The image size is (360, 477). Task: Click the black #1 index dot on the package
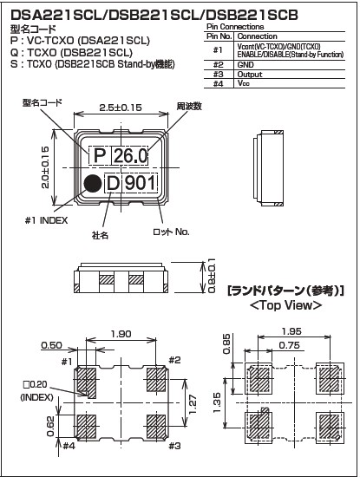click(x=93, y=184)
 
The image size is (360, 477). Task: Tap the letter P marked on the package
click(x=100, y=156)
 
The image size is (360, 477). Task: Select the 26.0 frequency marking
click(x=130, y=156)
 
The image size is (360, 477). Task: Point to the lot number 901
click(x=140, y=183)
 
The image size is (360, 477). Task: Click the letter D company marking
click(x=113, y=183)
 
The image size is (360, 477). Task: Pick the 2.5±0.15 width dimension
click(x=121, y=108)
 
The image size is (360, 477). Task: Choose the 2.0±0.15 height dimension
click(x=45, y=167)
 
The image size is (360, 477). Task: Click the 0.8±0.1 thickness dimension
click(x=211, y=276)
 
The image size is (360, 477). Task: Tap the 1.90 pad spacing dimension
click(x=121, y=334)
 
